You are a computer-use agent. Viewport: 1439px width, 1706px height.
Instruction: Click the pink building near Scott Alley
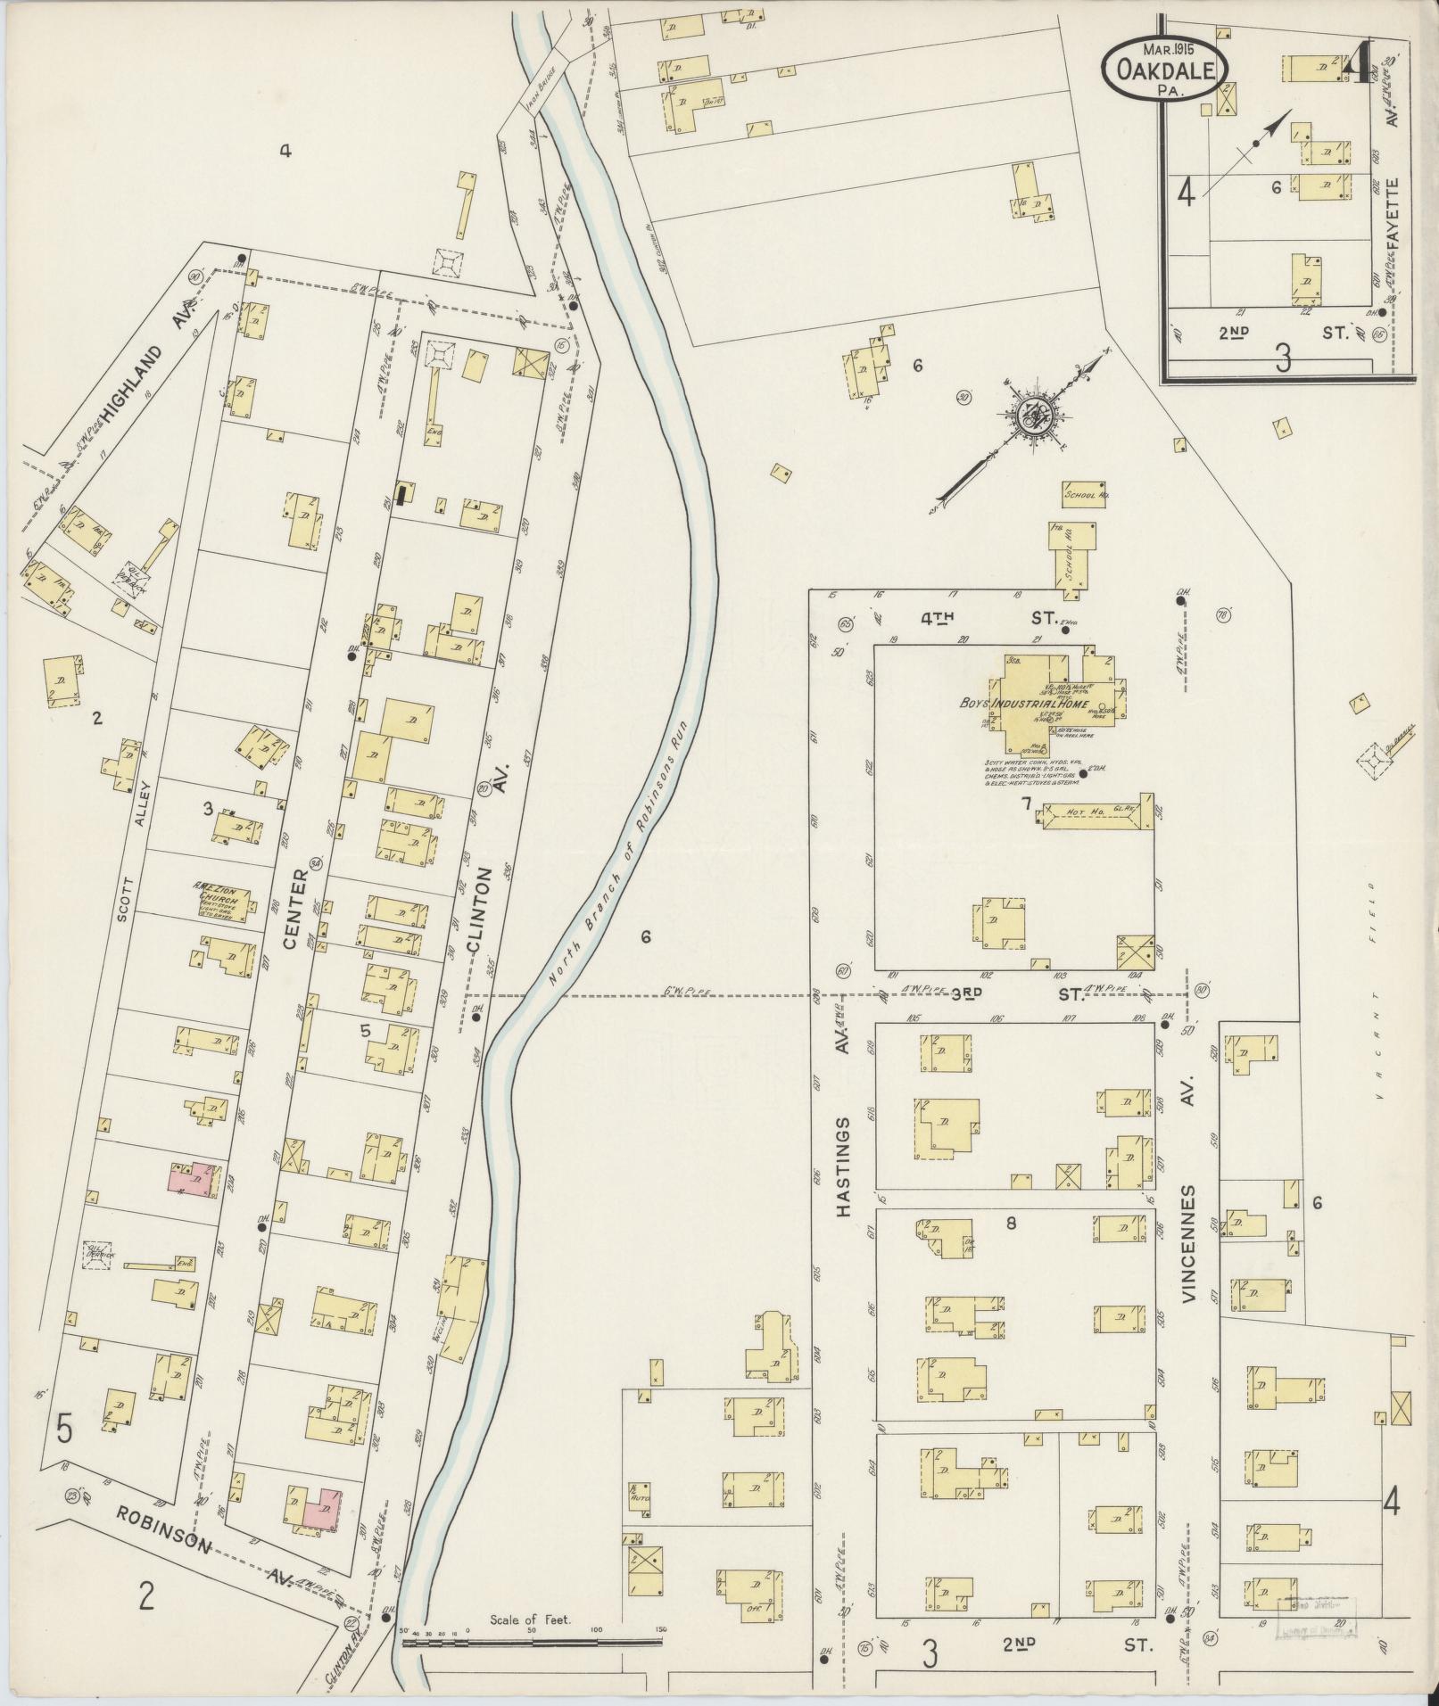(190, 1180)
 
